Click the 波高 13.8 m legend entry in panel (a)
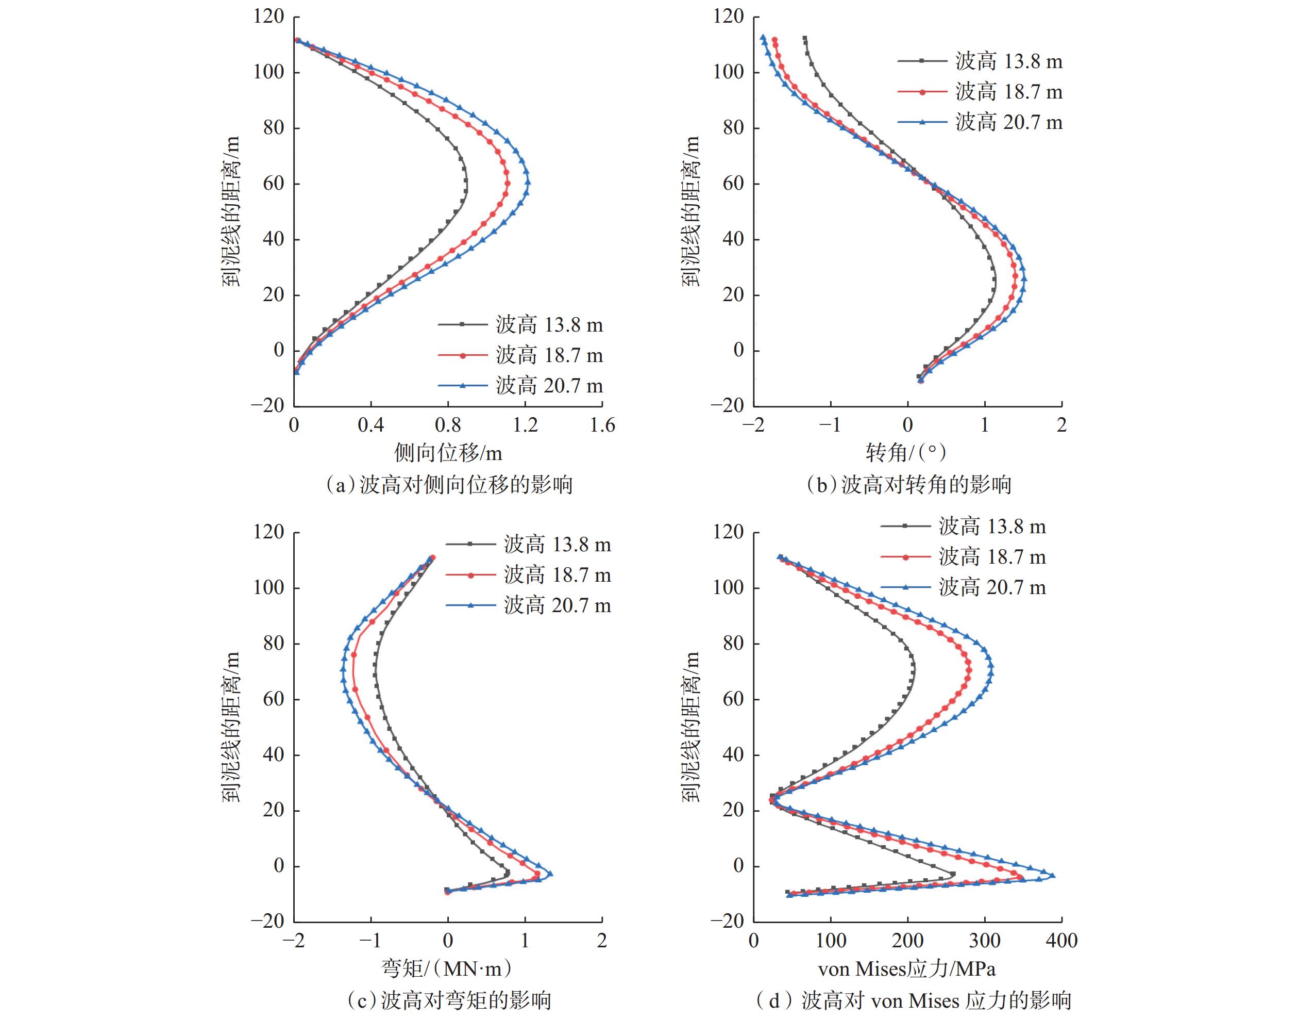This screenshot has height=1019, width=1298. (x=549, y=325)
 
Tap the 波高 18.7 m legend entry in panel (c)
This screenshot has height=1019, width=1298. (x=557, y=575)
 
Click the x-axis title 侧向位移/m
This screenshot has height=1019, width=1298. (x=448, y=453)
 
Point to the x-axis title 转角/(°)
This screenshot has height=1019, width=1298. (x=906, y=453)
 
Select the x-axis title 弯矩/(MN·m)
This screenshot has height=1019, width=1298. (x=447, y=969)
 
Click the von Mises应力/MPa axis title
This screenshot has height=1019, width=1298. (x=906, y=969)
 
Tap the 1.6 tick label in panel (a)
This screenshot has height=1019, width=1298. (x=602, y=425)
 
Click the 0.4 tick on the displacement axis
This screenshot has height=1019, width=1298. (x=370, y=425)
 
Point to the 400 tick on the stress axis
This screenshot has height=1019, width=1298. (x=1061, y=941)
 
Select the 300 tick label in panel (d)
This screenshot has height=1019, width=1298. (x=984, y=941)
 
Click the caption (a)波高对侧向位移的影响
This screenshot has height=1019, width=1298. (x=448, y=484)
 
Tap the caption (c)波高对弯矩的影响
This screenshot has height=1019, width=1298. (x=448, y=1000)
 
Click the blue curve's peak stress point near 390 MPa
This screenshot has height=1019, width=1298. (x=1052, y=875)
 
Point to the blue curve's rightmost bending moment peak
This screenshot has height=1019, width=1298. (x=550, y=874)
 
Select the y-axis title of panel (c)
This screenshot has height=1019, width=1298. (x=231, y=727)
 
